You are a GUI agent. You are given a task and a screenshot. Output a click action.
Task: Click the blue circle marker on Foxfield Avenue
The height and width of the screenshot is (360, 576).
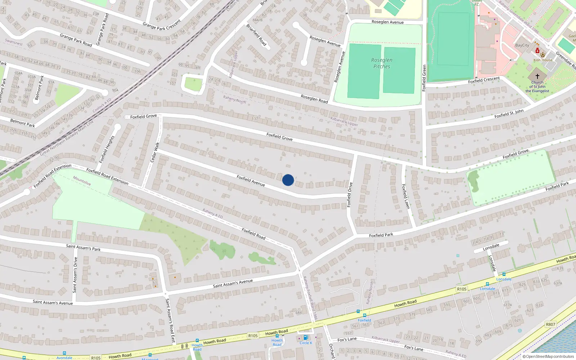point(288,180)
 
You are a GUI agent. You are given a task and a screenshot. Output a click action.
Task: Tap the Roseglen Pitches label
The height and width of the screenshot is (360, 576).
point(382,63)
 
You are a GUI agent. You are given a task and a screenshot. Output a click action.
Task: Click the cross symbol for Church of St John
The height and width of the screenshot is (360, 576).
point(537,76)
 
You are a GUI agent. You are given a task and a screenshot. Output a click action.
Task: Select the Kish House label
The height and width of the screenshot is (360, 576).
point(543,60)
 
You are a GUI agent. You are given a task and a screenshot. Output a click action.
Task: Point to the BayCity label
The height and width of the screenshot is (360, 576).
point(522,45)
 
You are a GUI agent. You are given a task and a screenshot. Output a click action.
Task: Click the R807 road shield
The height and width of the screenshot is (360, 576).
point(550,324)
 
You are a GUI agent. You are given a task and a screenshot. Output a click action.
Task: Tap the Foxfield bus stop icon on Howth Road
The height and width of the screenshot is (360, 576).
point(364,315)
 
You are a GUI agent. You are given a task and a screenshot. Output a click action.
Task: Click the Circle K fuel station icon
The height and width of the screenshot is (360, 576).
point(306,338)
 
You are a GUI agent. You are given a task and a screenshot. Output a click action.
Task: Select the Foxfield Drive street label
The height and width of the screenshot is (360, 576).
point(349,195)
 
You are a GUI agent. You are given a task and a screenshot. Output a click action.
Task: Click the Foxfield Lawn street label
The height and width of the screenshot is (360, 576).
point(405,197)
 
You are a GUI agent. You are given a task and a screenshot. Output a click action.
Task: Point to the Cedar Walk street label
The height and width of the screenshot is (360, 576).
point(155,152)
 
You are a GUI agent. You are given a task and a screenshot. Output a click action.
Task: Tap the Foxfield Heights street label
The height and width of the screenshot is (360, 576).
point(107,149)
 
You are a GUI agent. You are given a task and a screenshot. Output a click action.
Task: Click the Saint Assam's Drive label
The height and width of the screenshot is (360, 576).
point(75,275)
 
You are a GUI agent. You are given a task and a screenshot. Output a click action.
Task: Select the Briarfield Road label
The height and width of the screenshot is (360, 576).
point(257,35)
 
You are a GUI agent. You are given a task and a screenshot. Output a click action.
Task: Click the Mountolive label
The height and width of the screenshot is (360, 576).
point(82,181)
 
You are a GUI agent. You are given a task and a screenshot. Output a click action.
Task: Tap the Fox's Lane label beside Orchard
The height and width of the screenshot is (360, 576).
point(347,339)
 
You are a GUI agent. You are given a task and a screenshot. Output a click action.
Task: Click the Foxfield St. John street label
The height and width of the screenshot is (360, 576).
point(509,114)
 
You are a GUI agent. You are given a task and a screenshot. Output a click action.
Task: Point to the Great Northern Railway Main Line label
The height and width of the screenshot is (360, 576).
point(67,138)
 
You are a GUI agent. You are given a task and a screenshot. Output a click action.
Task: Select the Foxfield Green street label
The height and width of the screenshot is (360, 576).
point(424,78)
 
